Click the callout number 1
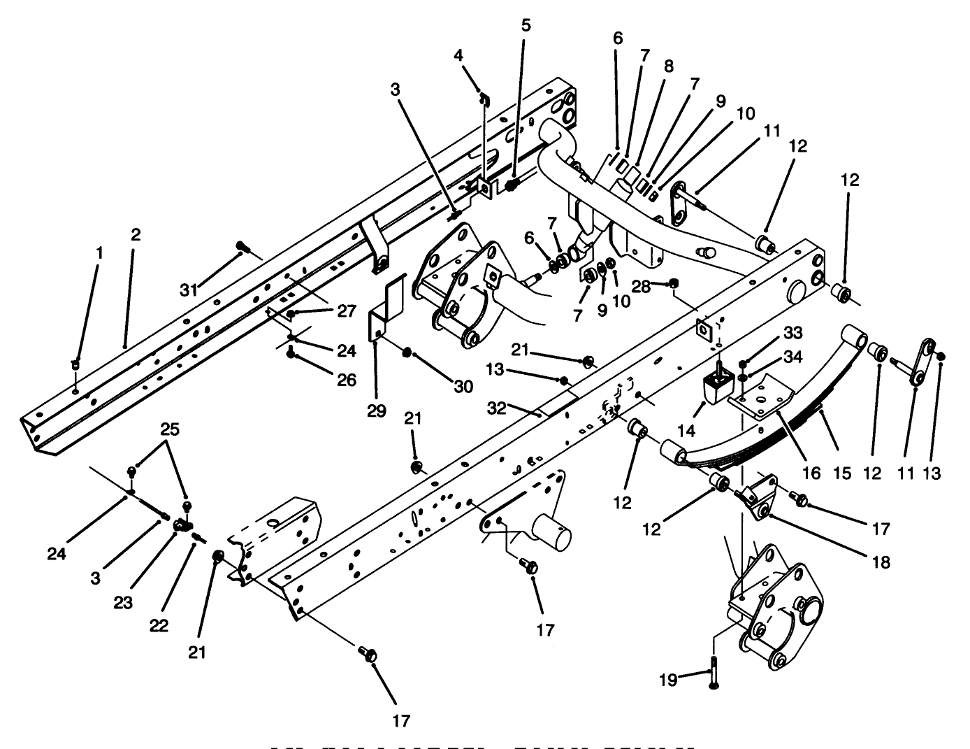(99, 252)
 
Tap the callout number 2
(136, 235)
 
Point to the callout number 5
(526, 26)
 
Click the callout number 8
(669, 66)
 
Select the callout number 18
(881, 561)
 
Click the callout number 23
(122, 602)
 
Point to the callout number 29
(377, 411)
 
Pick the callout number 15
(842, 473)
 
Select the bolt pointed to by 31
(242, 245)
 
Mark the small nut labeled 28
(674, 283)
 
